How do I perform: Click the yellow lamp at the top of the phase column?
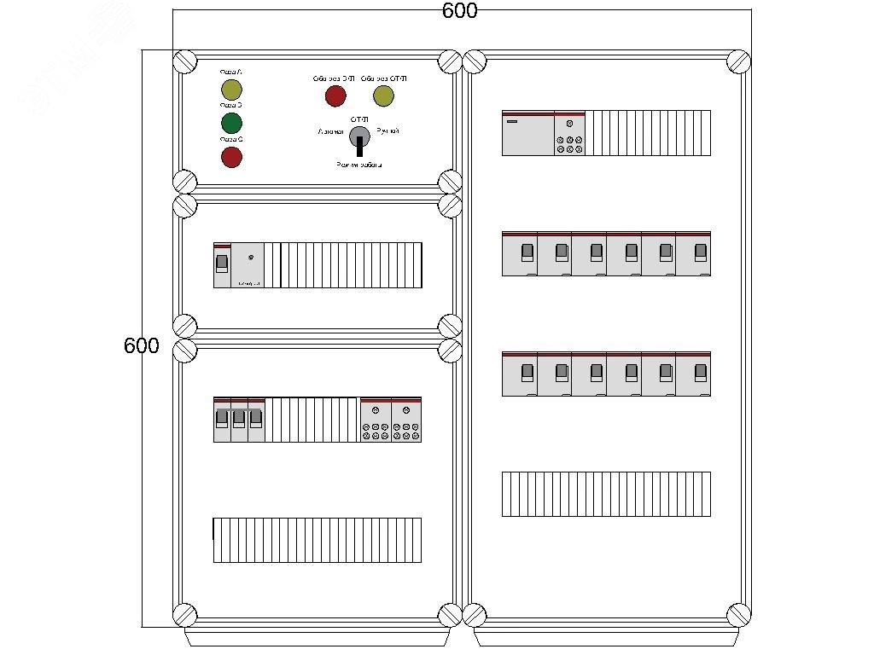click(x=231, y=90)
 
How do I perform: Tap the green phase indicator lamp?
click(x=231, y=123)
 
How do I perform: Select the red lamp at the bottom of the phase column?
click(x=231, y=157)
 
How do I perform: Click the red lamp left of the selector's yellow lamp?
click(x=335, y=96)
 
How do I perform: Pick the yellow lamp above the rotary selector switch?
click(x=383, y=96)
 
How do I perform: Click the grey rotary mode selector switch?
click(x=359, y=137)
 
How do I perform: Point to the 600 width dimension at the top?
click(x=459, y=11)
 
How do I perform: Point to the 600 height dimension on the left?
click(x=142, y=346)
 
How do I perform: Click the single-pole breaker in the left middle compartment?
click(x=222, y=264)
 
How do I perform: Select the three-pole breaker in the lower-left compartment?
click(x=239, y=420)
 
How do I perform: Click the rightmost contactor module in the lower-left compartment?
click(x=406, y=420)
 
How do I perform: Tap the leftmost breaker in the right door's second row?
click(x=520, y=253)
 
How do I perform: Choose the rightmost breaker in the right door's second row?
click(x=693, y=253)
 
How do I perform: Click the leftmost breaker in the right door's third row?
click(x=520, y=374)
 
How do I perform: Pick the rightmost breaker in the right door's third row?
click(x=693, y=374)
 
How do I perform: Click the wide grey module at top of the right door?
click(x=527, y=133)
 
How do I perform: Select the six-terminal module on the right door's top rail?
click(x=569, y=133)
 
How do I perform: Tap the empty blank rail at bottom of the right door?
click(x=606, y=494)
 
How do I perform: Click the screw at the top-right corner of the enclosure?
click(x=739, y=62)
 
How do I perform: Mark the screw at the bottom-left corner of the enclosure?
click(x=184, y=614)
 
